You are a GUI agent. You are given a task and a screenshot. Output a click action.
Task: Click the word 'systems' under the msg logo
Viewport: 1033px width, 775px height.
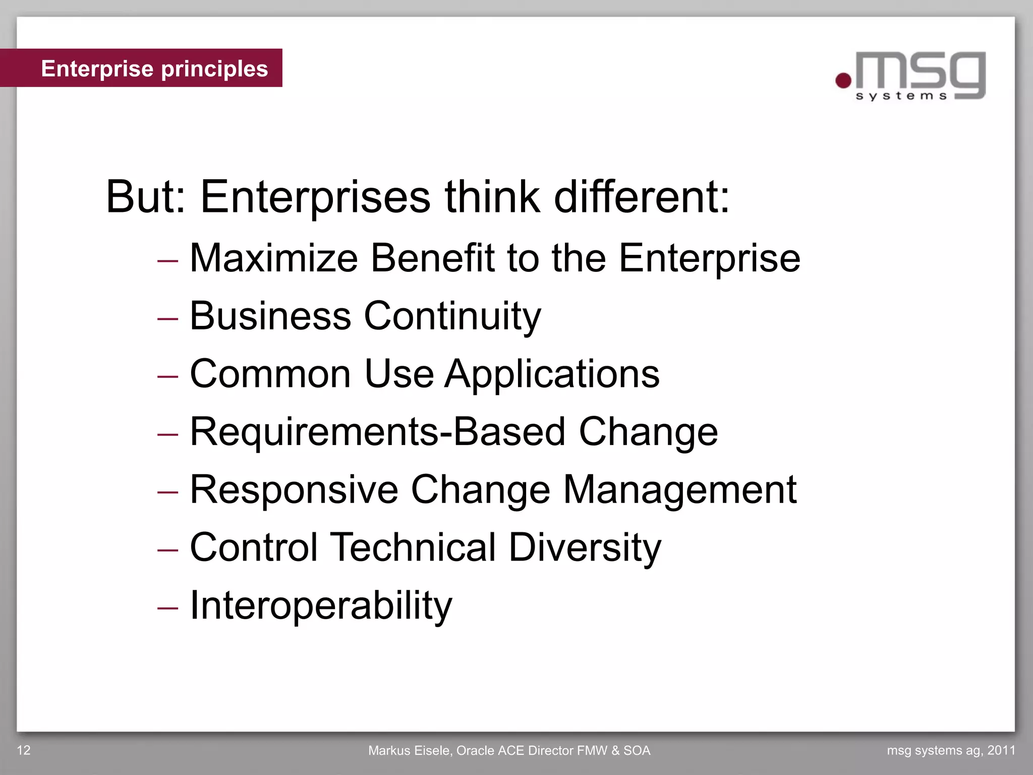coord(901,96)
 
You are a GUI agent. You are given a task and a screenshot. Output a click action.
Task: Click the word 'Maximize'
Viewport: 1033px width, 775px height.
coord(273,258)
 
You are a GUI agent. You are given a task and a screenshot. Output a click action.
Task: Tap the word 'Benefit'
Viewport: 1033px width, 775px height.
coord(433,258)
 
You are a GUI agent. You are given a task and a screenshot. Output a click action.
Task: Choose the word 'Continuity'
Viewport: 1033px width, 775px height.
coord(452,317)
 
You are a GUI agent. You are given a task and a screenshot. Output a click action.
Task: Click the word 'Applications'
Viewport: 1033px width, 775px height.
coord(552,374)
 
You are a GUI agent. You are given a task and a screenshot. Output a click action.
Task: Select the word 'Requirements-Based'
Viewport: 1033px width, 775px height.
coord(377,432)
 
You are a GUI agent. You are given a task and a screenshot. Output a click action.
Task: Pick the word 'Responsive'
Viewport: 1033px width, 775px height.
coord(294,490)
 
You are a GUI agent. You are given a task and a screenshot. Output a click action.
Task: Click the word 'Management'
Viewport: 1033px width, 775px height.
coord(679,490)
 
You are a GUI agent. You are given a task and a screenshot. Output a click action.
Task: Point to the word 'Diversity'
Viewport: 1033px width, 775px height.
coord(585,548)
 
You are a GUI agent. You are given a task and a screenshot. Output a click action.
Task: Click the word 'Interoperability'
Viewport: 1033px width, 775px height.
coord(321,606)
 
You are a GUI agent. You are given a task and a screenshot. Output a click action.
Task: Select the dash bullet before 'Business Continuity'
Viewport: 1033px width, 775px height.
coord(167,319)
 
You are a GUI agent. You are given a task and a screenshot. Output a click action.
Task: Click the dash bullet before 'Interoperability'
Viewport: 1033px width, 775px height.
coord(167,608)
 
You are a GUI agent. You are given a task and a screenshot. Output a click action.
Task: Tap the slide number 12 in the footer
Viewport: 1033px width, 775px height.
coord(24,750)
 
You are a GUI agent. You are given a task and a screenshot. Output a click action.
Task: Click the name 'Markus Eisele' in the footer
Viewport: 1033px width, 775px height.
coord(410,751)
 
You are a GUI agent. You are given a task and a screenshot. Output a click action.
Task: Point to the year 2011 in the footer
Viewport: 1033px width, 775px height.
coord(1001,750)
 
